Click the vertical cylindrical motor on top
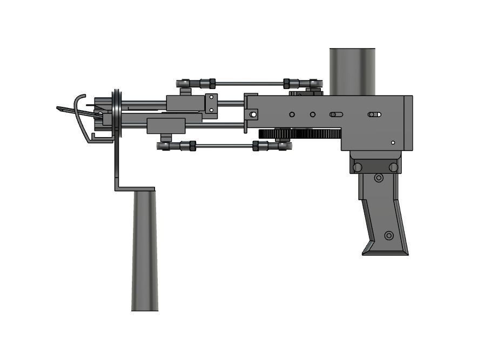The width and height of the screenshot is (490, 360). tap(352, 71)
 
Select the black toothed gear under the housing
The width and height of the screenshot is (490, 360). tap(300, 134)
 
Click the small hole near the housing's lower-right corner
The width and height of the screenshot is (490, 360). tap(393, 142)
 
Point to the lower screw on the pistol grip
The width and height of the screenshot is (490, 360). tap(388, 235)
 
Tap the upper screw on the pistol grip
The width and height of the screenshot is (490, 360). tap(379, 178)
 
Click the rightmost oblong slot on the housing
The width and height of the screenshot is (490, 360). tap(374, 114)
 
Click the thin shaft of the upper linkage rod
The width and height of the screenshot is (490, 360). tap(249, 84)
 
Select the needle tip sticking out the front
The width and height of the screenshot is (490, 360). tap(61, 108)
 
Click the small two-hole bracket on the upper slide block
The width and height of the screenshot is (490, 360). tap(211, 103)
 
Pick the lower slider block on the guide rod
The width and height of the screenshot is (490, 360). tap(166, 126)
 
